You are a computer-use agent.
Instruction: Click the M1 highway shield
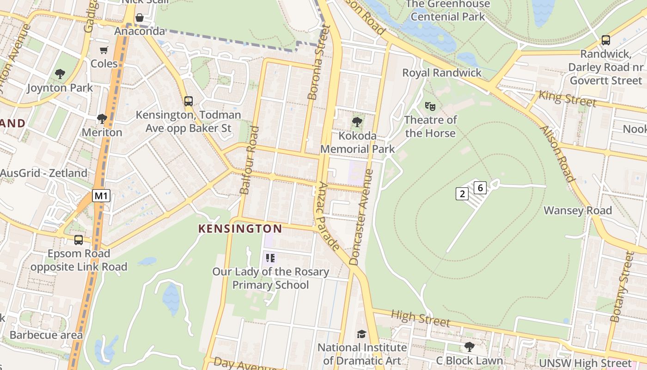point(101,196)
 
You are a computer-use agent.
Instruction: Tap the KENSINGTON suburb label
point(240,228)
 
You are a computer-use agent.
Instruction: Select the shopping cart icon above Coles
point(104,50)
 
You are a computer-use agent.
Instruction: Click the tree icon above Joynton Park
point(60,74)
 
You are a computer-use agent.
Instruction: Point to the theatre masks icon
point(430,106)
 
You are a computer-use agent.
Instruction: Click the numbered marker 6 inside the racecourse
point(480,188)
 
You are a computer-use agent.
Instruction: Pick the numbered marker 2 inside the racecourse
point(462,194)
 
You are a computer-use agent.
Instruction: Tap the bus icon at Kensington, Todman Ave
point(188,101)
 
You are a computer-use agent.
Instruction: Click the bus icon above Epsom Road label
point(79,240)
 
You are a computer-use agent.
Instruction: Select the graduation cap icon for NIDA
point(361,334)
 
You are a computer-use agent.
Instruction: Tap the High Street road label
point(420,318)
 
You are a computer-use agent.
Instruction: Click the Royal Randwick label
point(442,73)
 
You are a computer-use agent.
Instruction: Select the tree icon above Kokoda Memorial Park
point(357,122)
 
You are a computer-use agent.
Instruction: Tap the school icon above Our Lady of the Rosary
point(270,258)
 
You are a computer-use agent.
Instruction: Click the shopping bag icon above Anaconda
point(139,18)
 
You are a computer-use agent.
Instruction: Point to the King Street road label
point(567,99)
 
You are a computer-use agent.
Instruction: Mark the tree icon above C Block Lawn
point(469,346)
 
